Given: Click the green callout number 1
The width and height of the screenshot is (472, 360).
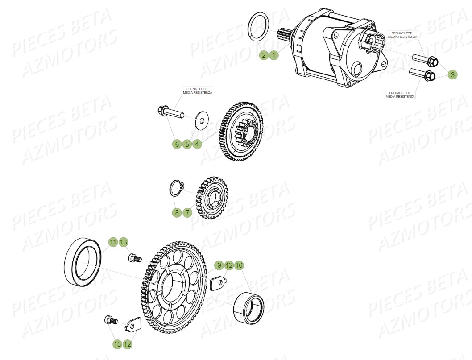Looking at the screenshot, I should tap(273, 55).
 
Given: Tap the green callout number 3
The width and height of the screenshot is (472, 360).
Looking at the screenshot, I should tap(452, 75).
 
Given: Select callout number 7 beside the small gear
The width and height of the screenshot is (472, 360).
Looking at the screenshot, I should tap(187, 212).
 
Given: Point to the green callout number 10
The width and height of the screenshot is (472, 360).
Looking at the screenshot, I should tap(239, 265).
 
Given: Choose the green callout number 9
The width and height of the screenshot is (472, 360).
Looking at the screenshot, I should tap(218, 265).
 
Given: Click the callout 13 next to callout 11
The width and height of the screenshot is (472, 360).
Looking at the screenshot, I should tap(123, 242).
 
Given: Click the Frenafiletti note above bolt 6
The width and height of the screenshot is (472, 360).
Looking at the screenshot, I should tap(198, 91).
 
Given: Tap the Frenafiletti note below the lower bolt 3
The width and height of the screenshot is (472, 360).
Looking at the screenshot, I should tap(400, 95).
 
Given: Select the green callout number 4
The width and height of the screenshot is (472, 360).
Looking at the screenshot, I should tap(197, 144).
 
